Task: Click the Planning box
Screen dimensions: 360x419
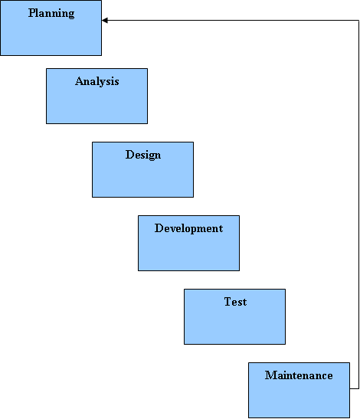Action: click(51, 28)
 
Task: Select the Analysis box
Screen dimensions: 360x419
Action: click(97, 96)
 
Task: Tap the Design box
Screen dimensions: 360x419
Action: click(142, 170)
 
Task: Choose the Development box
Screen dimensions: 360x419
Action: click(188, 243)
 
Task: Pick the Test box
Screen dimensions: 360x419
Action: click(234, 316)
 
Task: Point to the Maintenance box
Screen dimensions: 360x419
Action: click(299, 390)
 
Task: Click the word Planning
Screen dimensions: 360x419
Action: click(51, 13)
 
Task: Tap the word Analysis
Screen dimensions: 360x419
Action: click(97, 81)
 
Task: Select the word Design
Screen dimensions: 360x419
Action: click(143, 155)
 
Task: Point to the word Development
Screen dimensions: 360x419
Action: click(188, 228)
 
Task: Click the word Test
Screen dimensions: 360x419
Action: click(235, 302)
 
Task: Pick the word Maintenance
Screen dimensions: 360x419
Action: click(299, 375)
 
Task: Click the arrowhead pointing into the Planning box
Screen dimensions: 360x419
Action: click(105, 21)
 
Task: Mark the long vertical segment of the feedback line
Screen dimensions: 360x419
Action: click(358, 205)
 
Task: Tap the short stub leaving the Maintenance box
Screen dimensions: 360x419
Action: click(355, 388)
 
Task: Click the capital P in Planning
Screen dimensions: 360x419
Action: click(32, 13)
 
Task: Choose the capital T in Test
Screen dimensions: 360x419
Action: click(227, 302)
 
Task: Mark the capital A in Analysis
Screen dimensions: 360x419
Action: click(80, 81)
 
